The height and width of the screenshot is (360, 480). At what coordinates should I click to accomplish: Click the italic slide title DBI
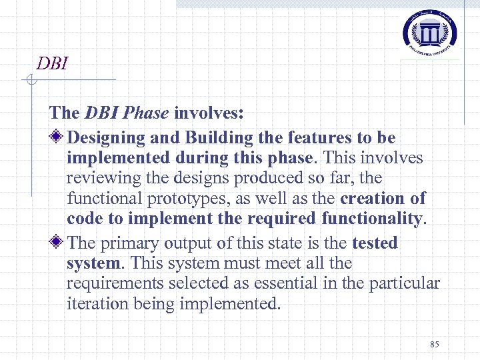(53, 63)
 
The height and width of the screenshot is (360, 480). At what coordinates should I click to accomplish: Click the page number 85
(435, 344)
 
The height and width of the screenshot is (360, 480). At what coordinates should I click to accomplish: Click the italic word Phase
(146, 113)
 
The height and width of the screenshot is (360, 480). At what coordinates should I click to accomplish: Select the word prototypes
(171, 199)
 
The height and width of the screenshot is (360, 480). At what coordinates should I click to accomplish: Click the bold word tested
(375, 243)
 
